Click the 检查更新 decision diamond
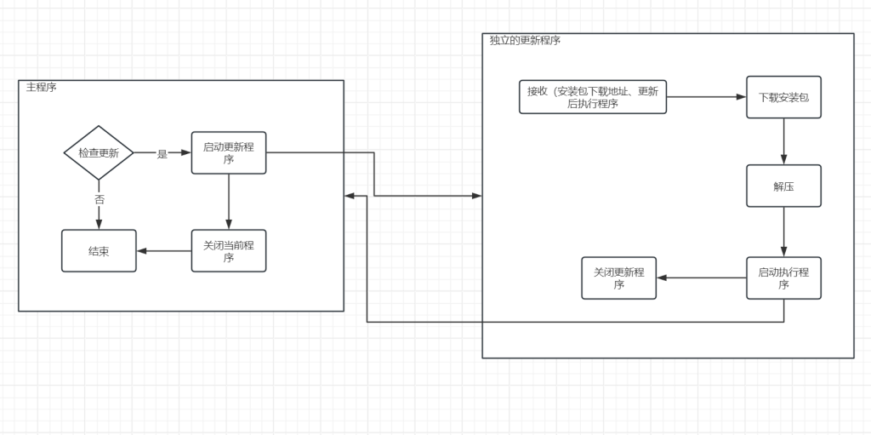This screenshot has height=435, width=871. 99,153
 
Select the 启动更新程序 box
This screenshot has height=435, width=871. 228,153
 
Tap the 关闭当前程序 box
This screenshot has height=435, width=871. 228,251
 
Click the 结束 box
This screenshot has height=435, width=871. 99,251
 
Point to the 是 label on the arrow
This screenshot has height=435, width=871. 162,154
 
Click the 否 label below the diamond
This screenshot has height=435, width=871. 99,199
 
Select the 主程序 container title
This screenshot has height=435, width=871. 42,88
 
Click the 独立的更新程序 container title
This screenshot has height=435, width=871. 525,41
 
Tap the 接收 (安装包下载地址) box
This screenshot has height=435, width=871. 593,98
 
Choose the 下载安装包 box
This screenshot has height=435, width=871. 783,98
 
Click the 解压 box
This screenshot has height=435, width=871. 783,186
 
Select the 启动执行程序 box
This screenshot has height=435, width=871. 783,278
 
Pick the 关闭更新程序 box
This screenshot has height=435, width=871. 618,278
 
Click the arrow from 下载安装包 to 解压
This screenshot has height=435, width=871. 783,141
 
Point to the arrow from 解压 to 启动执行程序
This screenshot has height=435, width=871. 783,232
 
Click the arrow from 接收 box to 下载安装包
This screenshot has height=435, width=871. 706,98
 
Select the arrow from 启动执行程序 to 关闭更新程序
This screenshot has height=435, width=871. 702,278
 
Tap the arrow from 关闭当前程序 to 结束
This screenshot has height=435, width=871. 164,251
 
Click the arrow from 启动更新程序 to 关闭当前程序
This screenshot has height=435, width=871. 228,202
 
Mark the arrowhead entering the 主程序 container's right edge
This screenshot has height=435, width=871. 350,197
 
